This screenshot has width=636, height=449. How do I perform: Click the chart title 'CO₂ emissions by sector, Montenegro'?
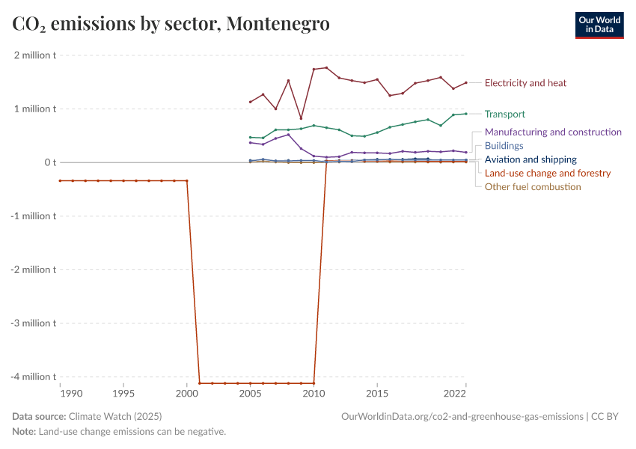pyautogui.click(x=171, y=25)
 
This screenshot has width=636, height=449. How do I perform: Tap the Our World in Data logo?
pyautogui.click(x=599, y=25)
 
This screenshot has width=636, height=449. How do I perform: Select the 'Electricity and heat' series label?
pyautogui.click(x=525, y=83)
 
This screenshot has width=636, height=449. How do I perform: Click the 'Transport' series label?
pyautogui.click(x=504, y=114)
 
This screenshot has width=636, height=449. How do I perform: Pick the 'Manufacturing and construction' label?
pyautogui.click(x=553, y=132)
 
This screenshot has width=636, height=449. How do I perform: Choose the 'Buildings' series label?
pyautogui.click(x=504, y=146)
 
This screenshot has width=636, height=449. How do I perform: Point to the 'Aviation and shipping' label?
pyautogui.click(x=530, y=159)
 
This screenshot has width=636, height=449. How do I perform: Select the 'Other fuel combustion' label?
pyautogui.click(x=533, y=186)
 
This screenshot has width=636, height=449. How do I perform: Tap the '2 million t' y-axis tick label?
pyautogui.click(x=34, y=55)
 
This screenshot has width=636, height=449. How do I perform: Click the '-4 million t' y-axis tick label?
pyautogui.click(x=33, y=376)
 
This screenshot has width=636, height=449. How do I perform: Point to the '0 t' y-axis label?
pyautogui.click(x=49, y=162)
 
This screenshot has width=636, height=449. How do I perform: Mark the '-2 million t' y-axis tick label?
pyautogui.click(x=33, y=269)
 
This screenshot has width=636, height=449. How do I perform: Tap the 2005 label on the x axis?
pyautogui.click(x=250, y=393)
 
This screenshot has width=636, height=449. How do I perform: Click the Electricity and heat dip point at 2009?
pyautogui.click(x=301, y=118)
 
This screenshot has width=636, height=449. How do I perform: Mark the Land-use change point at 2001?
pyautogui.click(x=200, y=383)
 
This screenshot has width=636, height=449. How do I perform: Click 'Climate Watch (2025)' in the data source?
pyautogui.click(x=114, y=416)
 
